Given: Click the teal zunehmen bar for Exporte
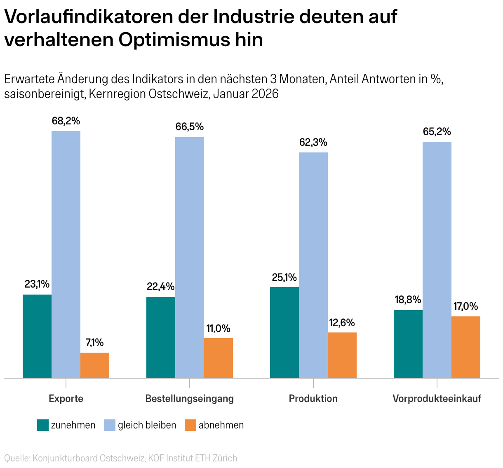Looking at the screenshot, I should tap(37, 336).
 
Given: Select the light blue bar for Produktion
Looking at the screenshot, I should tap(313, 265).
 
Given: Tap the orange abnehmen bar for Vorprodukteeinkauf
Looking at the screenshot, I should tap(466, 347).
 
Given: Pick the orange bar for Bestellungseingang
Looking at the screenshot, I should tap(219, 358).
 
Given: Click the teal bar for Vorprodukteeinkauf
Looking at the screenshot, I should tap(408, 344).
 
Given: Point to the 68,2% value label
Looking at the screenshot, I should tap(66, 121).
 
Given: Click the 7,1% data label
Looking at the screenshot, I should tap(95, 343).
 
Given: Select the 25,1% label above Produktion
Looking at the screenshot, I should tap(284, 277).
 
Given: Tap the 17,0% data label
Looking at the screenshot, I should tap(466, 307).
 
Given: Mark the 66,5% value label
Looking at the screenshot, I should tap(190, 127).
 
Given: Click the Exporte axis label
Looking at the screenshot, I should tap(66, 399).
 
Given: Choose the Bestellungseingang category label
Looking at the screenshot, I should tap(190, 399).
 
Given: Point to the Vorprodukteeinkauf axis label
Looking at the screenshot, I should tap(437, 399).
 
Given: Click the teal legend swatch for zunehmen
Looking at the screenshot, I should tap(43, 425).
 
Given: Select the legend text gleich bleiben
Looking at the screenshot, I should tap(147, 425).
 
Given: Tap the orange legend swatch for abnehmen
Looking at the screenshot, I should tap(190, 425).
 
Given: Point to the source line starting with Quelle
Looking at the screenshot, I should tap(120, 458).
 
